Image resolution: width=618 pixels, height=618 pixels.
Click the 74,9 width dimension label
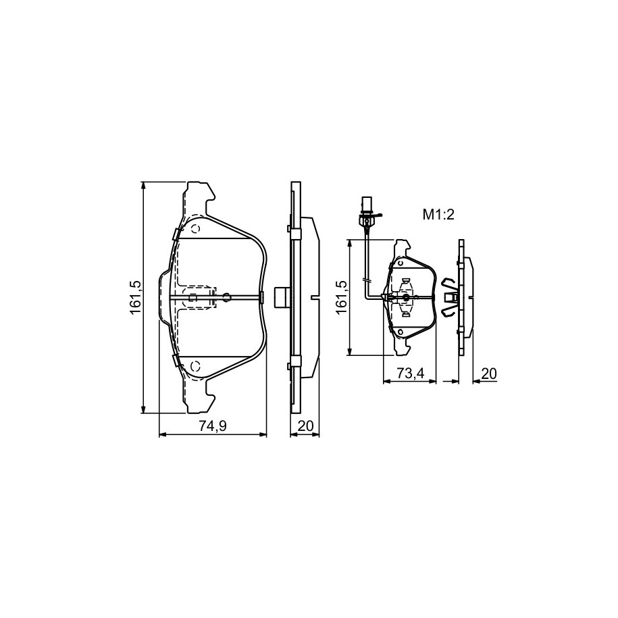click(213, 426)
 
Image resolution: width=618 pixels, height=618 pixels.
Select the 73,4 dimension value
click(410, 373)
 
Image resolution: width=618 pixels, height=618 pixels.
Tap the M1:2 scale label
click(438, 215)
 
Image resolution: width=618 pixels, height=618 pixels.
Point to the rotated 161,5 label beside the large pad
click(136, 298)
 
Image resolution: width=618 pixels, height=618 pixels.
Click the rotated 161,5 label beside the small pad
click(341, 297)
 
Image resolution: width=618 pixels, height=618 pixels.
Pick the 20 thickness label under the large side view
click(305, 426)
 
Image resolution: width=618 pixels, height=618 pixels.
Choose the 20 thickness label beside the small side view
click(489, 373)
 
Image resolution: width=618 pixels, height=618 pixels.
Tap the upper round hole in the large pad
click(196, 229)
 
